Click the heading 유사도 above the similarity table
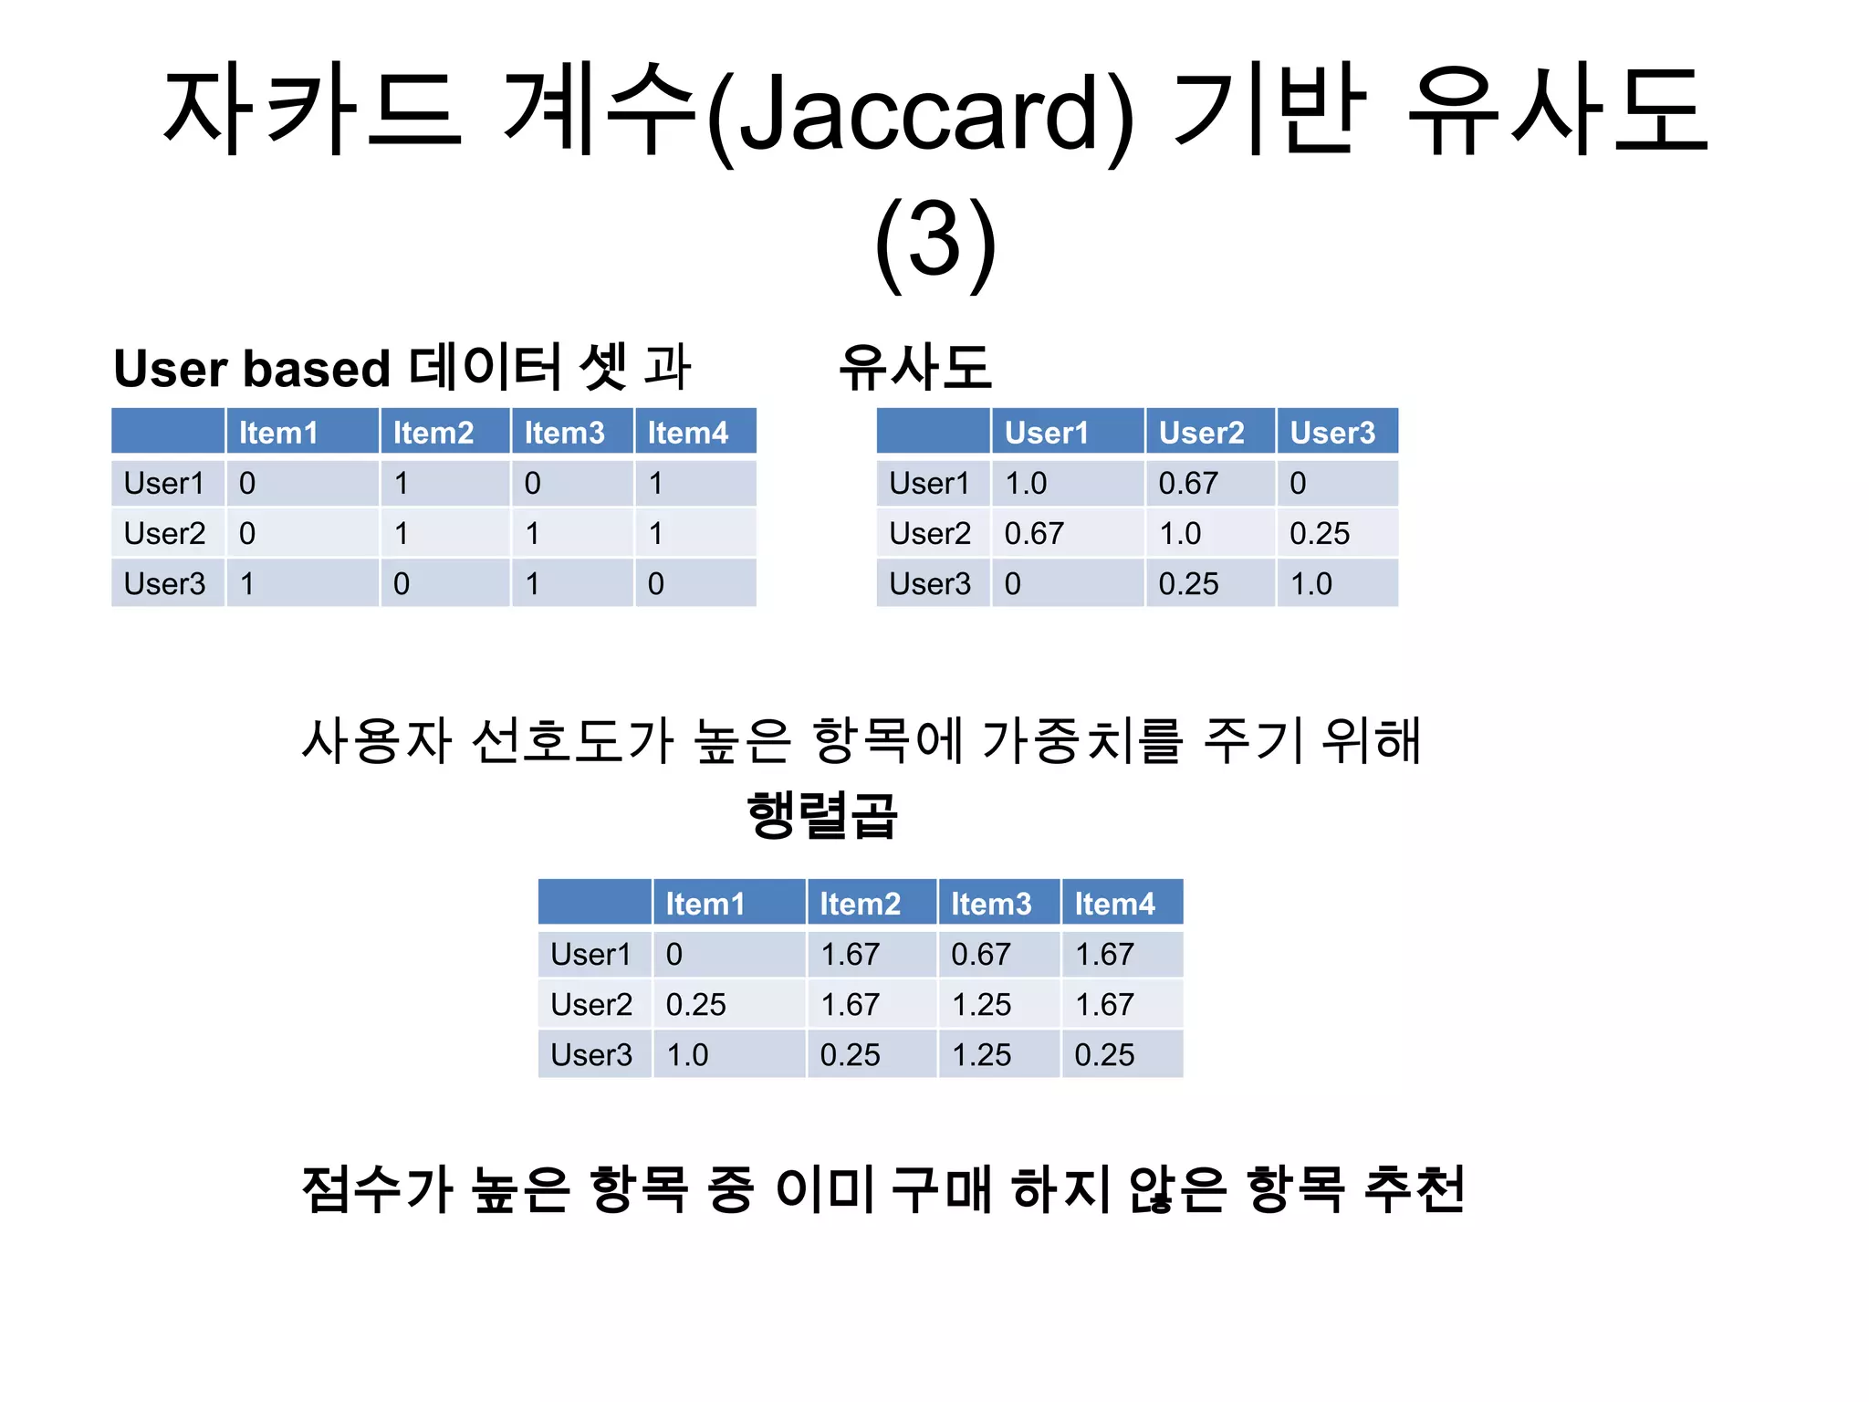[x=914, y=367]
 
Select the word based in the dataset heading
[x=316, y=369]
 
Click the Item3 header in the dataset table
[x=564, y=433]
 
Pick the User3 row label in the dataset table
[x=165, y=583]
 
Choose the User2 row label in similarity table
[x=930, y=533]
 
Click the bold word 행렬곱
[x=822, y=815]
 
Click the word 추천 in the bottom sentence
[x=1415, y=1189]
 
